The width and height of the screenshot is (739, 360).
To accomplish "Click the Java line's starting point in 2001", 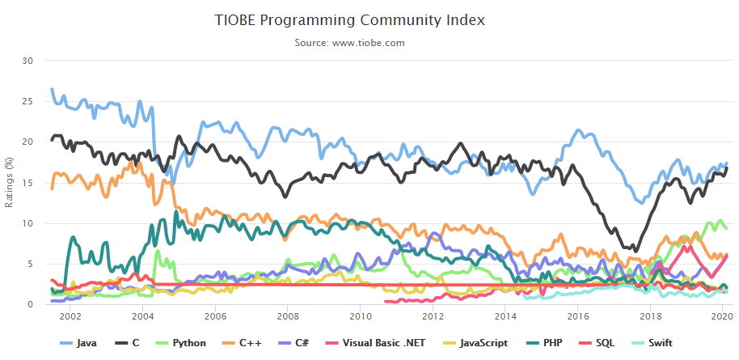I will coord(52,89).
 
